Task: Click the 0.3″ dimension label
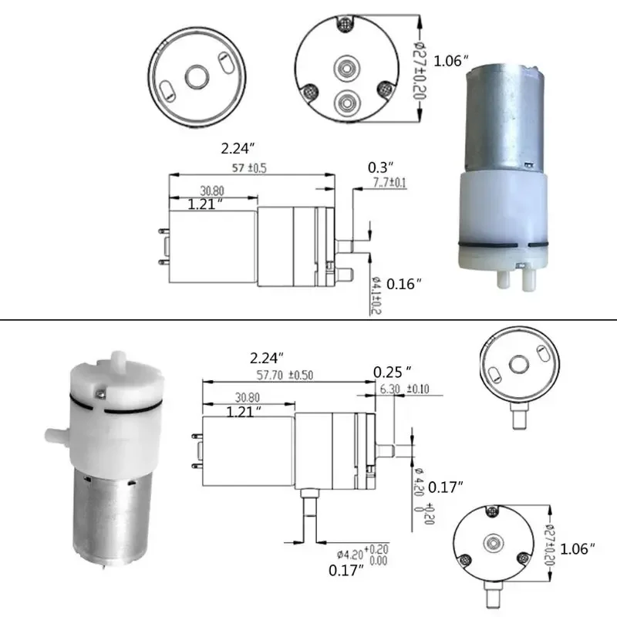pos(381,167)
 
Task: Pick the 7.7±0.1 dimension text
pos(389,183)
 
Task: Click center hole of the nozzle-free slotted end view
pos(194,76)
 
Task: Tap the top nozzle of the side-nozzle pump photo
pos(117,360)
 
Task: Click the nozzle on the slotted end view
pos(518,417)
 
